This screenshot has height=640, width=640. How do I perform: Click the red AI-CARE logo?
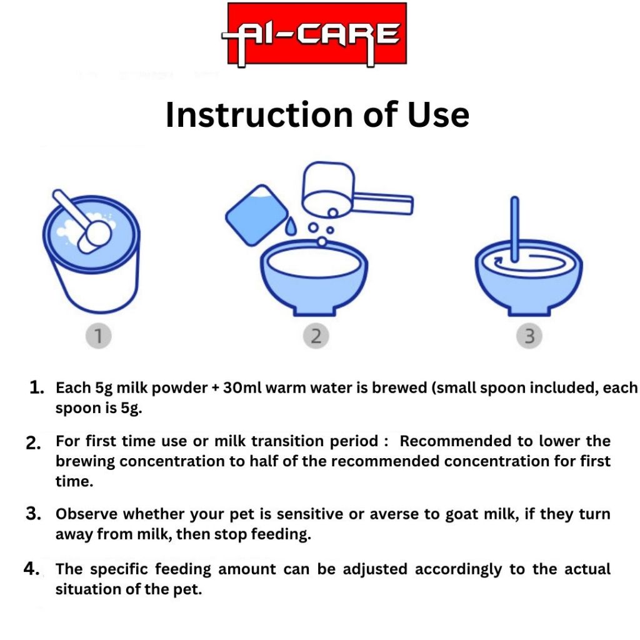click(317, 34)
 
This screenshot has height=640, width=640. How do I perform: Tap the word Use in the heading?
click(438, 115)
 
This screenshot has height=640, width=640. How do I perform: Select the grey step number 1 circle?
click(98, 336)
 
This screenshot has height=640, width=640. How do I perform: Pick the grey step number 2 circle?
click(316, 336)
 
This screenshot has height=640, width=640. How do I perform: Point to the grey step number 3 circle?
click(529, 336)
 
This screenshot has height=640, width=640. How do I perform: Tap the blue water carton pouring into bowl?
click(257, 215)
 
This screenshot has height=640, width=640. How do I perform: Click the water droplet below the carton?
click(290, 227)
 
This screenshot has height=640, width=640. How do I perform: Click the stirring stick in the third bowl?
click(515, 229)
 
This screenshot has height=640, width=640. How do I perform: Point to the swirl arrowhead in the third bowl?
click(497, 261)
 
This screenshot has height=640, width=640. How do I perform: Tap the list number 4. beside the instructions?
click(31, 569)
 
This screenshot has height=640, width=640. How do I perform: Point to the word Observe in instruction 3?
click(86, 514)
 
